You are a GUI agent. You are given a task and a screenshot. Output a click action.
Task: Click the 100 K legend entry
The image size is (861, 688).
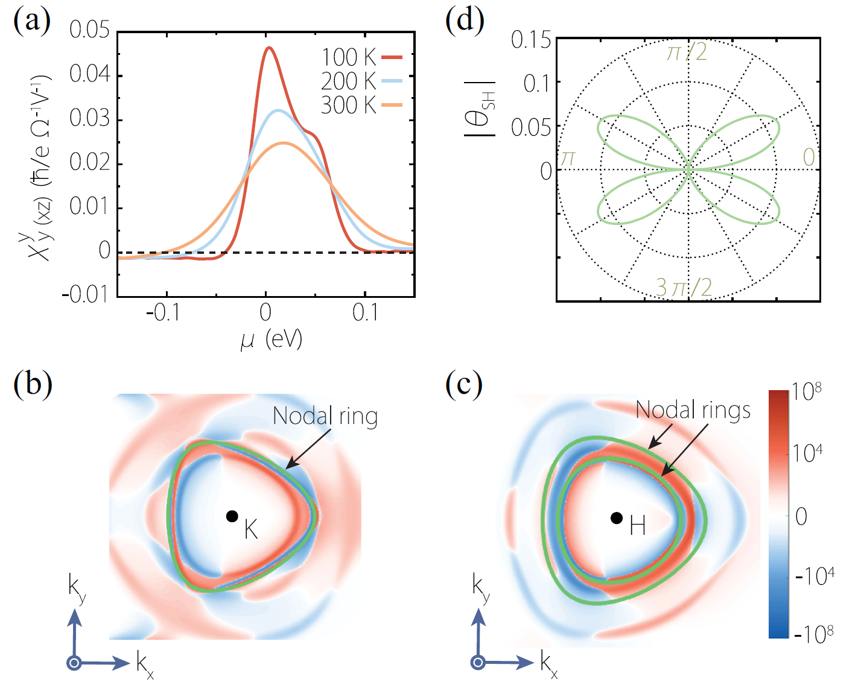pyautogui.click(x=361, y=57)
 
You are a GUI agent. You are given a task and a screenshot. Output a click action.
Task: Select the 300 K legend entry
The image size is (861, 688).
pyautogui.click(x=361, y=106)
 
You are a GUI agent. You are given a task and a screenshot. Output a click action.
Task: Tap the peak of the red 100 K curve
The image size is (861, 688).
pyautogui.click(x=269, y=48)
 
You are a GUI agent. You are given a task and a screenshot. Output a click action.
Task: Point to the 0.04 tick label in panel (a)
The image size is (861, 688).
pyautogui.click(x=89, y=74)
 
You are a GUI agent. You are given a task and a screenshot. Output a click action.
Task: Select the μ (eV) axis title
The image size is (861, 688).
pyautogui.click(x=271, y=340)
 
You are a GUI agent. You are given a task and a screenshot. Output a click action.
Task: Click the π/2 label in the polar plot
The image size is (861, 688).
pyautogui.click(x=687, y=52)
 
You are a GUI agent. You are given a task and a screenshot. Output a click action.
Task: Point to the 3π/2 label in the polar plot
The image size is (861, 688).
pyautogui.click(x=684, y=288)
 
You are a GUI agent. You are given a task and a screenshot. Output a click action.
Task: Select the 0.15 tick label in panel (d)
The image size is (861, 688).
pyautogui.click(x=531, y=40)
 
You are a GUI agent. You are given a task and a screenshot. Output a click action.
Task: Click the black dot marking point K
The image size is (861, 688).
pyautogui.click(x=232, y=516)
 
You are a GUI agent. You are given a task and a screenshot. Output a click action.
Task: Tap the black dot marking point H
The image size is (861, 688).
pyautogui.click(x=616, y=517)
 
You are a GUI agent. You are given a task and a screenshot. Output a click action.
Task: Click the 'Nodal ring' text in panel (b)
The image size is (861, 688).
pyautogui.click(x=325, y=416)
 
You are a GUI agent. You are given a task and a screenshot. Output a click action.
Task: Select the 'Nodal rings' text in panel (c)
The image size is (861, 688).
pyautogui.click(x=693, y=410)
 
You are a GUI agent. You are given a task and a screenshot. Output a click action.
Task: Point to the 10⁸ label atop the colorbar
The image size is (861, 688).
pyautogui.click(x=807, y=392)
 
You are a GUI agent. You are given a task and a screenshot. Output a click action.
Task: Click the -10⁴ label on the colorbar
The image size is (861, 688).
pyautogui.click(x=815, y=576)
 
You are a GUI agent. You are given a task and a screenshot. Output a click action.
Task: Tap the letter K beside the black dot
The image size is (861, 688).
pyautogui.click(x=251, y=530)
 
